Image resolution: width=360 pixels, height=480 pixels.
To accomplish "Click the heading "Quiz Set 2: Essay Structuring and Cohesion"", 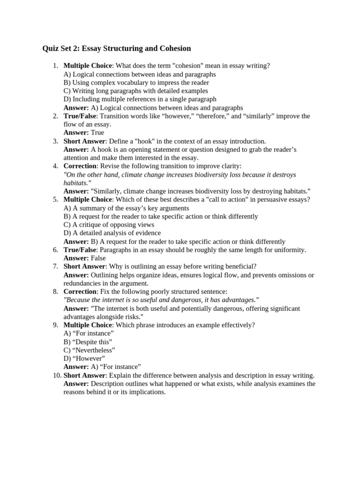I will [x=117, y=48].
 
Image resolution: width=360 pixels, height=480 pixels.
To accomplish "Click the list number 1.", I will [x=55, y=66].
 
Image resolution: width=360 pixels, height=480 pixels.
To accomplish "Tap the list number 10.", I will [x=53, y=375].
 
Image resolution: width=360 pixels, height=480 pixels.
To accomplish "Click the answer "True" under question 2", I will [x=97, y=133].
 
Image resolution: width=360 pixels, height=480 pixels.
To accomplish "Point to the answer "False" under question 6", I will [x=98, y=258].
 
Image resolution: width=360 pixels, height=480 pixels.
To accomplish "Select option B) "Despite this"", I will [x=88, y=342].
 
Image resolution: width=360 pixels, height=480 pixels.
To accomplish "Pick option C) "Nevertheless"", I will [x=89, y=350].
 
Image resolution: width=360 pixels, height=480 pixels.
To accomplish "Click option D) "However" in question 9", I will [x=84, y=359].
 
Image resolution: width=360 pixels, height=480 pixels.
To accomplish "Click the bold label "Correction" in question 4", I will [x=80, y=166].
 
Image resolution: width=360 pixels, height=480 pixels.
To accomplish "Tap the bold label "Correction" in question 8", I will [x=80, y=291].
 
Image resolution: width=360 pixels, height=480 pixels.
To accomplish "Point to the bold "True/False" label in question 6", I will [x=80, y=250].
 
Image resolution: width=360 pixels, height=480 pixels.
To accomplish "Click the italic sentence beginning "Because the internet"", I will [x=161, y=300].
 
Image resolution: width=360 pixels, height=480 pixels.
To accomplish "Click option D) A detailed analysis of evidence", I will [x=112, y=233].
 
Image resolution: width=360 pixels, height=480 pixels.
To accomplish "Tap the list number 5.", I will [x=55, y=199].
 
